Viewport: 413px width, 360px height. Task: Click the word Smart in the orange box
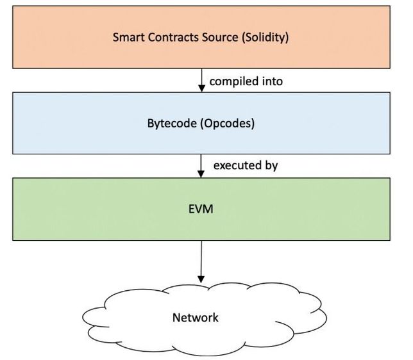(128, 37)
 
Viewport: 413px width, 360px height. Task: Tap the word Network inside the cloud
(196, 317)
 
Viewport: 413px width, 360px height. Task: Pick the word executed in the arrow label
(235, 166)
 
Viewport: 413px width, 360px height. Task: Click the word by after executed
(270, 166)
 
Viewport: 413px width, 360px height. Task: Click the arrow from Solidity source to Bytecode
(201, 79)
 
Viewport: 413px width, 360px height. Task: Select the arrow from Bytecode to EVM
(201, 165)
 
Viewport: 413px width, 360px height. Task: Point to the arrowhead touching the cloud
(201, 279)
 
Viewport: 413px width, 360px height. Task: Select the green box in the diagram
(321, 209)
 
